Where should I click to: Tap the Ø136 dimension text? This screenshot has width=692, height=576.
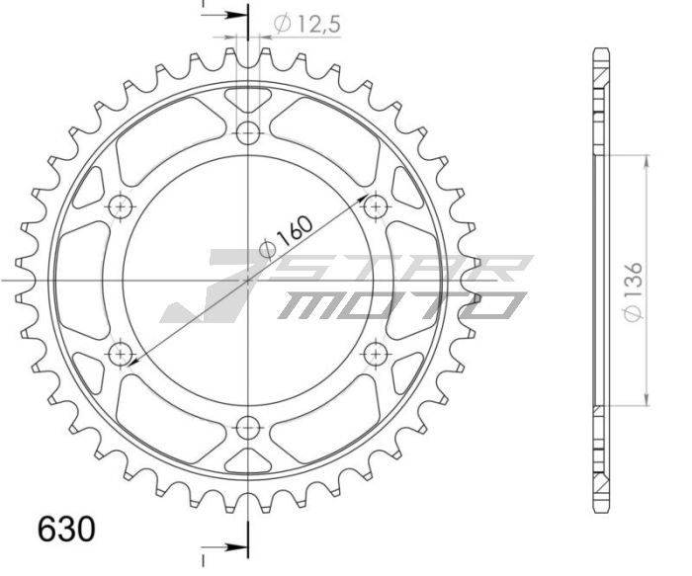(x=637, y=290)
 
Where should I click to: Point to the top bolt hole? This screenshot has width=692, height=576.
(x=247, y=133)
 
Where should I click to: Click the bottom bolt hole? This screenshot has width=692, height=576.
(x=247, y=427)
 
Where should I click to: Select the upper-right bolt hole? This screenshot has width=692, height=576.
(x=375, y=207)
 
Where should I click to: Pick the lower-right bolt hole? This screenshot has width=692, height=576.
(x=375, y=354)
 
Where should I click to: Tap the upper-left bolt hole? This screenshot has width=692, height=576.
(x=121, y=207)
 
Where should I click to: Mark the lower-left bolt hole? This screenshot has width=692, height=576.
(x=121, y=354)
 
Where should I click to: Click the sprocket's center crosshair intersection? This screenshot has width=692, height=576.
(x=247, y=281)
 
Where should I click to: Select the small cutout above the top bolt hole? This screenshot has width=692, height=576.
(x=247, y=100)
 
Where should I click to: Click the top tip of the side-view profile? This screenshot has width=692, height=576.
(x=600, y=49)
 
